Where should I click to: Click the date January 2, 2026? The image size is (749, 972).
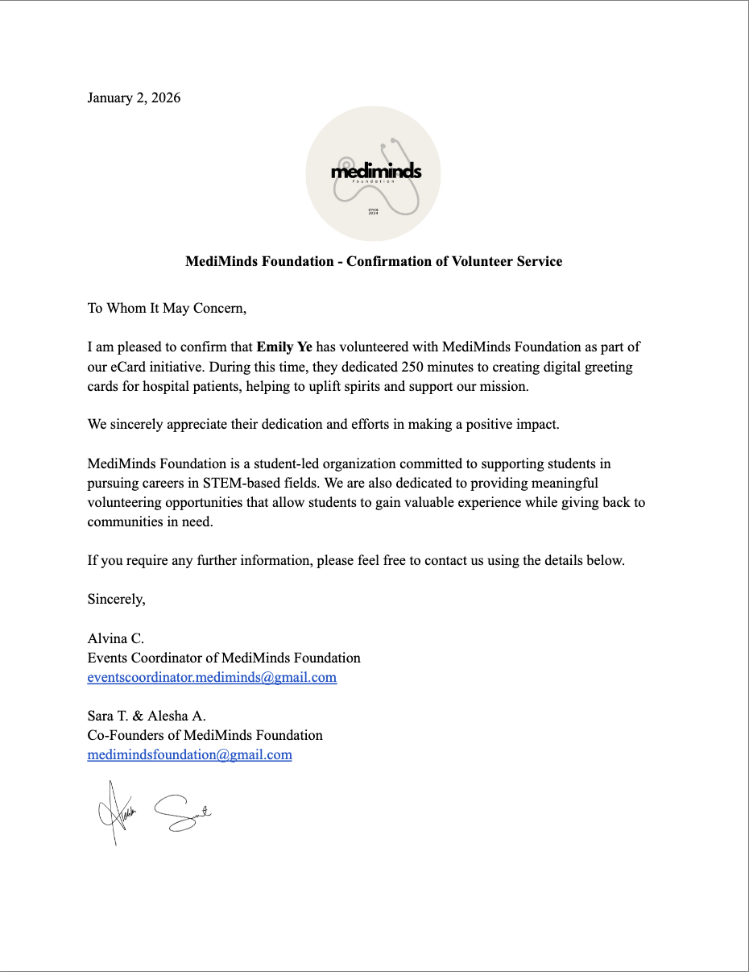pyautogui.click(x=134, y=98)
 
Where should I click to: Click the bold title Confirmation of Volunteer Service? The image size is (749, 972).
pyautogui.click(x=374, y=261)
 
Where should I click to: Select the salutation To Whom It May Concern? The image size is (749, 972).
pyautogui.click(x=167, y=308)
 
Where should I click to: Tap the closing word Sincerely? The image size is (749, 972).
pyautogui.click(x=117, y=600)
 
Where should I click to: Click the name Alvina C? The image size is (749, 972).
pyautogui.click(x=116, y=638)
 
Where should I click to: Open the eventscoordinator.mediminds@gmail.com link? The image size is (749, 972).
pyautogui.click(x=212, y=677)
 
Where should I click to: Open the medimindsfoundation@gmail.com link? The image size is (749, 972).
pyautogui.click(x=189, y=755)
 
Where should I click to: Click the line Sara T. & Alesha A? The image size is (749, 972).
pyautogui.click(x=147, y=716)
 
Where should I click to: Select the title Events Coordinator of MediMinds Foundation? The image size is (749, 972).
pyautogui.click(x=224, y=658)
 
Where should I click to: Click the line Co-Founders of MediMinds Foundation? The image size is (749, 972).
pyautogui.click(x=205, y=735)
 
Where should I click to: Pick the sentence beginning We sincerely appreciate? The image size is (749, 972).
pyautogui.click(x=323, y=425)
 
